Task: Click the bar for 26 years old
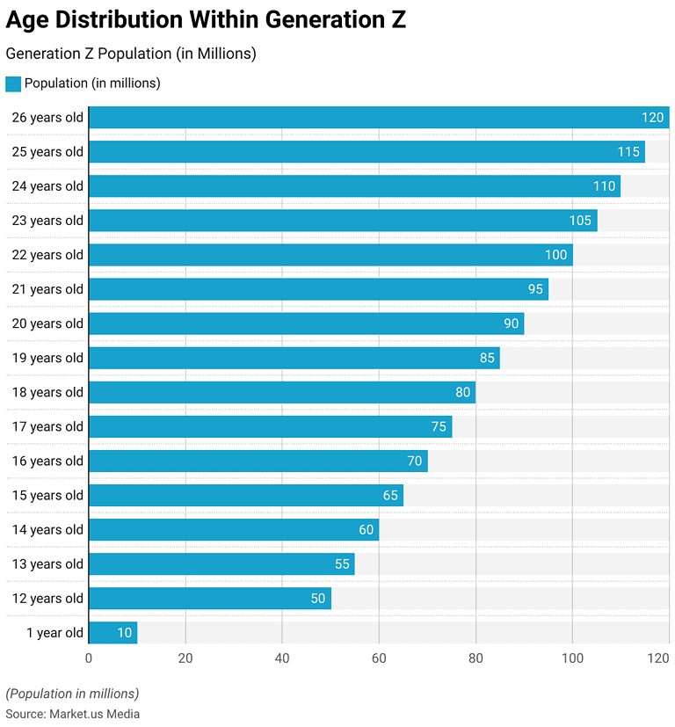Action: (378, 118)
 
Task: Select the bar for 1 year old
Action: (112, 633)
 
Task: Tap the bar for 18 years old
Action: (281, 392)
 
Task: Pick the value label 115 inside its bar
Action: (628, 152)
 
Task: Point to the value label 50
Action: (317, 599)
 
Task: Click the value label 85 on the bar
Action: (487, 358)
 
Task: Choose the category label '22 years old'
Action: (47, 255)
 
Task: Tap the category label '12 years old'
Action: (47, 599)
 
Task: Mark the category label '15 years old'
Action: (47, 496)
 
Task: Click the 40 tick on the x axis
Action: (282, 658)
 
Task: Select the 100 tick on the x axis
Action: (572, 658)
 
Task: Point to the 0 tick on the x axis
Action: (89, 658)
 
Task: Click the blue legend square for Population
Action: (13, 84)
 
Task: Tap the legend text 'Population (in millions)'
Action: (92, 84)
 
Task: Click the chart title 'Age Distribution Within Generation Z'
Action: (206, 20)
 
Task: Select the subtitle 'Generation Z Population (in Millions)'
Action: (131, 54)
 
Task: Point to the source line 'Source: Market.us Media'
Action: (73, 714)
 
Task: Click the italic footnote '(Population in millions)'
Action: (72, 693)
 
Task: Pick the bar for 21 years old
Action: (318, 289)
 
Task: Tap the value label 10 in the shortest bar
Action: (124, 633)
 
